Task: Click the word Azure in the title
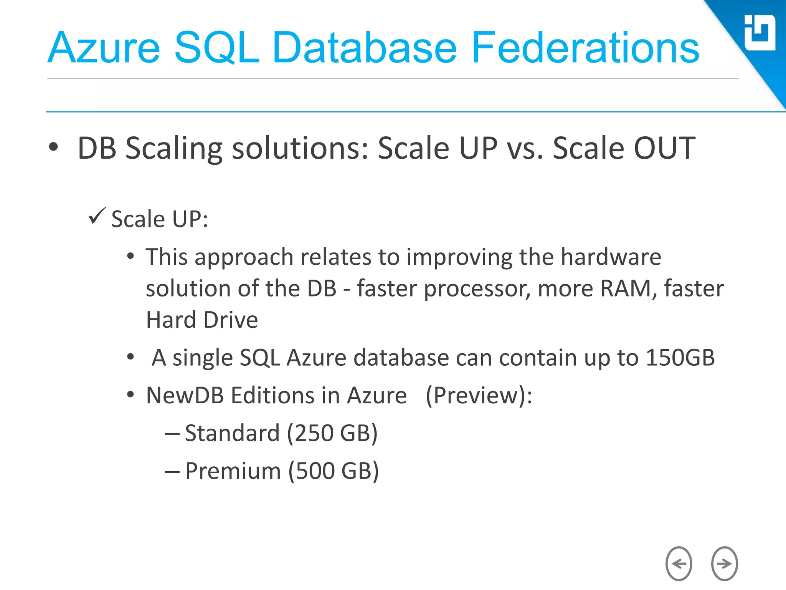point(104,48)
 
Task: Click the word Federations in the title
point(585,48)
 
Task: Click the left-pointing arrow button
point(679,563)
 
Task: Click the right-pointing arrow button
point(724,563)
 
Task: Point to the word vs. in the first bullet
point(525,148)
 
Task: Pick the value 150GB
point(680,358)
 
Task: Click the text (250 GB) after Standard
point(332,433)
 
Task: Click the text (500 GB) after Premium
point(333,471)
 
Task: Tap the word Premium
point(233,471)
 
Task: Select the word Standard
point(232,433)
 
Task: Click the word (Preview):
point(479,396)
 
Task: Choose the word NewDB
point(185,396)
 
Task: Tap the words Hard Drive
point(202,320)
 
